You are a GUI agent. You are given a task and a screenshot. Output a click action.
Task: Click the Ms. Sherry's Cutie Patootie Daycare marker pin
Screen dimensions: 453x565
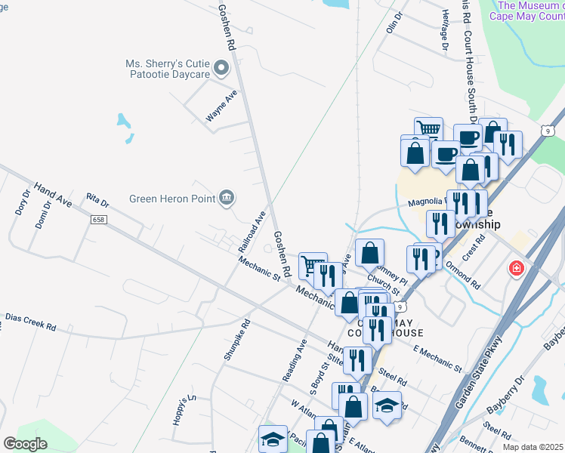tap(221, 69)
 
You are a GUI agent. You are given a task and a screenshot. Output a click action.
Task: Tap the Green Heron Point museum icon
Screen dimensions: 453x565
tap(226, 199)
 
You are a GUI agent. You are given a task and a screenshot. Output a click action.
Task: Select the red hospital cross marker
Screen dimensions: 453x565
tap(517, 269)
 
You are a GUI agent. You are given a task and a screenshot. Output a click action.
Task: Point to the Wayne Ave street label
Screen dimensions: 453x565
tap(221, 106)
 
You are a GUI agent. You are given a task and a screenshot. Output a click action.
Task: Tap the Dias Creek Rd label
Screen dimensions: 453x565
tap(31, 322)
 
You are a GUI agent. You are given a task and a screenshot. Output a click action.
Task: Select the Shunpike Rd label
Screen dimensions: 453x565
tap(236, 344)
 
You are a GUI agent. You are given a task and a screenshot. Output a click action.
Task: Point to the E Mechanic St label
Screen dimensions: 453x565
tap(437, 358)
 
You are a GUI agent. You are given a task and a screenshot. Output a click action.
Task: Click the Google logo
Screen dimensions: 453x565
tap(26, 444)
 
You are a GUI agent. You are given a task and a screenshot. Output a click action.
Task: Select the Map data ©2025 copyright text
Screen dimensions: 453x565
tap(533, 447)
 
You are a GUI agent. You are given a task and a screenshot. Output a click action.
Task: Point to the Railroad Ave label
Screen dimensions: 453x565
tap(252, 232)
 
